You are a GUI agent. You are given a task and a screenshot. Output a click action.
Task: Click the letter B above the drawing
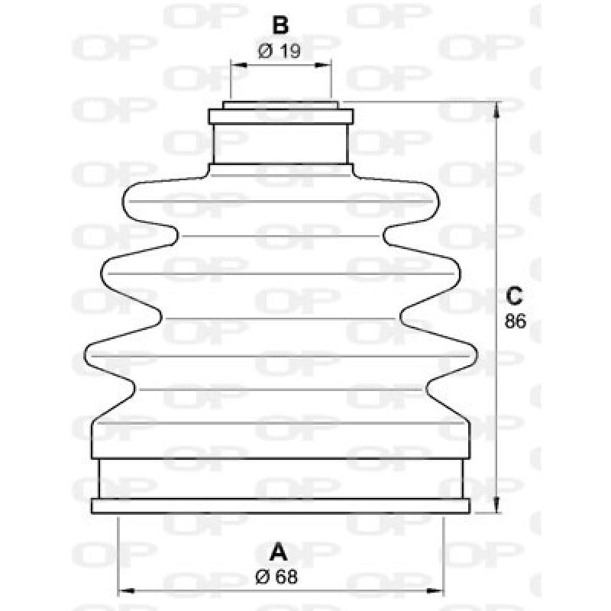click(x=280, y=25)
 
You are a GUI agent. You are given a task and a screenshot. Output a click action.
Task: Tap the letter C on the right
click(x=516, y=294)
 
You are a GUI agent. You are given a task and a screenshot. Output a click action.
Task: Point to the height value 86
click(x=516, y=321)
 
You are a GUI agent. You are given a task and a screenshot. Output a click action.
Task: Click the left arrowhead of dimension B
click(x=234, y=66)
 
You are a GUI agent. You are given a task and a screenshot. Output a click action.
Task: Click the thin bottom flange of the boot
click(x=280, y=506)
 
